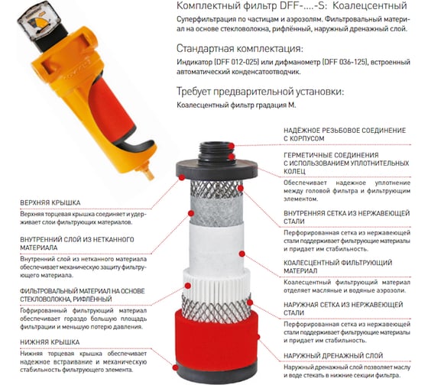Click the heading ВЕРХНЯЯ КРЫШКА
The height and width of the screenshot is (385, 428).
click(x=50, y=202)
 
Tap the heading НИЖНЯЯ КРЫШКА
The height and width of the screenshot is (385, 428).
click(x=50, y=342)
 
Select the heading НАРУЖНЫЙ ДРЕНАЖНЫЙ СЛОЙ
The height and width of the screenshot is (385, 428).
click(x=333, y=356)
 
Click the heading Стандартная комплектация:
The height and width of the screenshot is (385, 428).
click(x=240, y=49)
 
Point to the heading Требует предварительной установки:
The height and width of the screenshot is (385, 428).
click(x=261, y=92)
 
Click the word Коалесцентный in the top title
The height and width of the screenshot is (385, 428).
click(x=370, y=6)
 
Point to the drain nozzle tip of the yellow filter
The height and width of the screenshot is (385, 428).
click(x=149, y=173)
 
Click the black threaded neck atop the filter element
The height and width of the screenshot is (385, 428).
click(x=217, y=153)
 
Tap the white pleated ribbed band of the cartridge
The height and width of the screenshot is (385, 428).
click(x=216, y=283)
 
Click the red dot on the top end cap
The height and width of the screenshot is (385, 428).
click(x=182, y=178)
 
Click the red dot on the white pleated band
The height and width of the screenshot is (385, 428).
click(x=187, y=286)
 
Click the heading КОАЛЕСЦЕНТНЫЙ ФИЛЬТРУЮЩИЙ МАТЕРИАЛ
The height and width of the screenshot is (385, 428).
click(x=338, y=267)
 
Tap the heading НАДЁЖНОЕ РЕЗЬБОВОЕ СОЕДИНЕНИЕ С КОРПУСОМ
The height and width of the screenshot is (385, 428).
click(x=345, y=134)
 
